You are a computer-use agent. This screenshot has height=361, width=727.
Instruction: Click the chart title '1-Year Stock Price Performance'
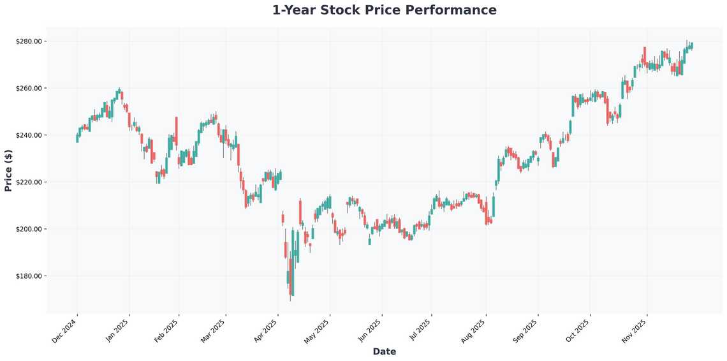pyautogui.click(x=384, y=10)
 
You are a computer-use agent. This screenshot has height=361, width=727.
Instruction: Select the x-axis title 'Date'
pyautogui.click(x=384, y=351)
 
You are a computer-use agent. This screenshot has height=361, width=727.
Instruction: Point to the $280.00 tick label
pyautogui.click(x=29, y=41)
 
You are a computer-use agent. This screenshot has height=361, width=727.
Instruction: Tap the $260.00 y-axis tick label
pyautogui.click(x=29, y=88)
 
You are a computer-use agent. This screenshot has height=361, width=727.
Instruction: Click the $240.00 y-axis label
pyautogui.click(x=29, y=135)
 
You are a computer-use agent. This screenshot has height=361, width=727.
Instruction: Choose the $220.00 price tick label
pyautogui.click(x=29, y=182)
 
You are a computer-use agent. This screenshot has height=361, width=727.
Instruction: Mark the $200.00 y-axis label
pyautogui.click(x=29, y=229)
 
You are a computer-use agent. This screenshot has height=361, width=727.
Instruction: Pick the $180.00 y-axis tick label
pyautogui.click(x=29, y=276)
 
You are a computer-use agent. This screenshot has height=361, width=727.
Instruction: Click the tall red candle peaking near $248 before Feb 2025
pyautogui.click(x=177, y=131)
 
